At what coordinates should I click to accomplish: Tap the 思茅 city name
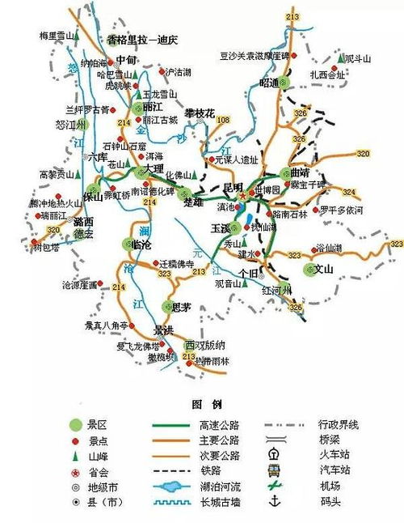[182, 306]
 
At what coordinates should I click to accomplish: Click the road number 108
[223, 121]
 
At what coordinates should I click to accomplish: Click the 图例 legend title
[201, 404]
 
